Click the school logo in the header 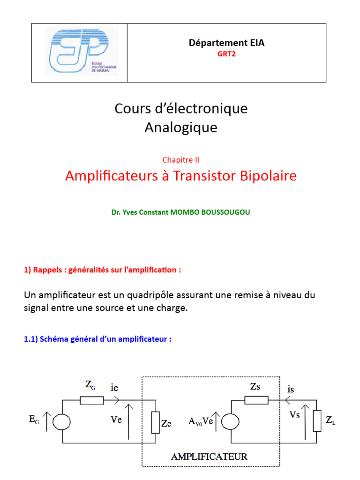82,52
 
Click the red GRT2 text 226,54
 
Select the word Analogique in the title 181,127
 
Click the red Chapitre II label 180,160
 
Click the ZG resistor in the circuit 92,400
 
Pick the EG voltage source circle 61,421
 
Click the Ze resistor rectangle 156,423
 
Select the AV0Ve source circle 230,421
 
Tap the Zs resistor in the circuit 256,400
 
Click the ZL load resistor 317,421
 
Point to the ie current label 114,388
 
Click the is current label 291,389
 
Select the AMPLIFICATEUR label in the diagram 209,457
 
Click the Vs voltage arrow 305,422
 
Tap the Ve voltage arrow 129,422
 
